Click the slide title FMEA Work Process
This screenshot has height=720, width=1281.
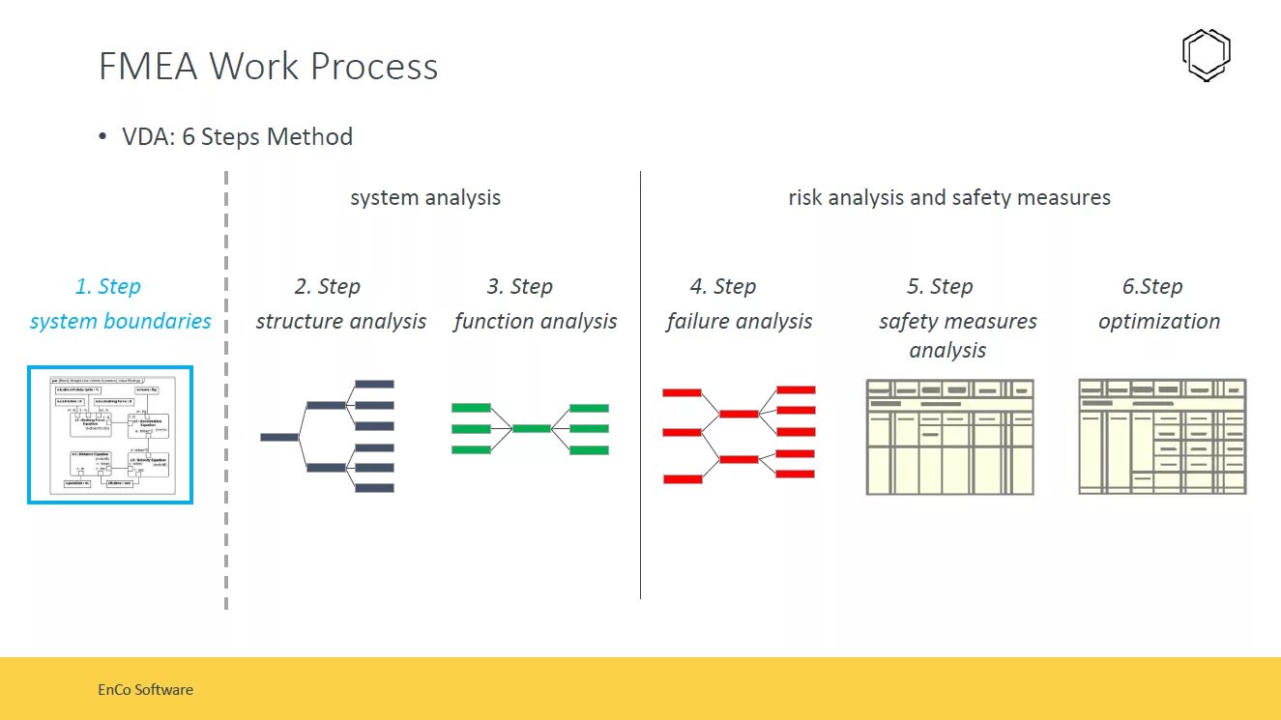[x=268, y=67]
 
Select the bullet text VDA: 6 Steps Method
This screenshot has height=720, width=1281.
[x=237, y=137]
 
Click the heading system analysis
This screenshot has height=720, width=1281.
[x=425, y=198]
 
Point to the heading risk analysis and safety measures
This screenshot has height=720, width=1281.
[x=949, y=198]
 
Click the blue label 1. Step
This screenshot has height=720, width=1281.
[x=107, y=286]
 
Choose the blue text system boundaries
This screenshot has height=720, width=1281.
[x=120, y=321]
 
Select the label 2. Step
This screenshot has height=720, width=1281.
[x=327, y=286]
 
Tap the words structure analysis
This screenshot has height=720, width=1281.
[x=340, y=321]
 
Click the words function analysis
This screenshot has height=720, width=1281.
[x=535, y=321]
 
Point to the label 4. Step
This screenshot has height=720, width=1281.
[x=722, y=286]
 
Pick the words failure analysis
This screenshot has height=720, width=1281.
[x=739, y=321]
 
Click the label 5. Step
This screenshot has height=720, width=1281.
[x=940, y=286]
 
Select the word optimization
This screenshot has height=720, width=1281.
[x=1158, y=321]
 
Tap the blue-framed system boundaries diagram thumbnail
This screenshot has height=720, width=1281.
[x=110, y=435]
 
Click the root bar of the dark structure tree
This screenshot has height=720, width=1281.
[x=279, y=437]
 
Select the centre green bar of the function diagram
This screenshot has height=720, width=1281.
[x=531, y=428]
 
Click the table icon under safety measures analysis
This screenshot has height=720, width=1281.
[x=949, y=437]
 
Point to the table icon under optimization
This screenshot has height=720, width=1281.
[x=1162, y=437]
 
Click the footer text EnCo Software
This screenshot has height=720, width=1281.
[x=145, y=690]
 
